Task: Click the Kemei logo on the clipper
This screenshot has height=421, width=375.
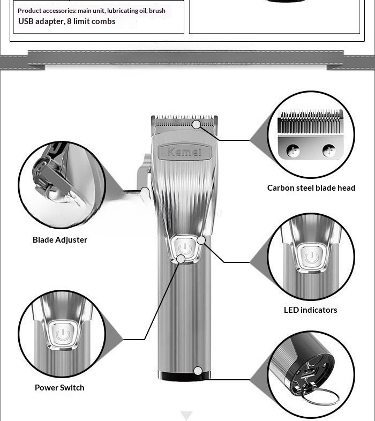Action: coord(184,152)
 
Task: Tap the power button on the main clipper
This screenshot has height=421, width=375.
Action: coord(185,248)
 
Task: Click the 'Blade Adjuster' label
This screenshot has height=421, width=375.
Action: coord(60,240)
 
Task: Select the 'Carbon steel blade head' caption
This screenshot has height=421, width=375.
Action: coord(311,187)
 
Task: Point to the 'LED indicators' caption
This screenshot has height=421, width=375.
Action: coord(311,310)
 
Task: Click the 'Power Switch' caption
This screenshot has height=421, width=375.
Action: coord(59,387)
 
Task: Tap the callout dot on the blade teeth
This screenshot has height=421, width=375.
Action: coord(197,124)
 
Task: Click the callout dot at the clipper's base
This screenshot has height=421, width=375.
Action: coord(198,371)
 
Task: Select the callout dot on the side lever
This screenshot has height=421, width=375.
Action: coord(145,191)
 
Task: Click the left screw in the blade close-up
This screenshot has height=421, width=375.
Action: coord(292,151)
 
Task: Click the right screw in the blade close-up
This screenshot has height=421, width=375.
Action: coord(329,151)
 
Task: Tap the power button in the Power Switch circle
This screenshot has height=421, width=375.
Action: coord(63,335)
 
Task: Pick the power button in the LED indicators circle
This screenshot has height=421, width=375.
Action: coord(312,257)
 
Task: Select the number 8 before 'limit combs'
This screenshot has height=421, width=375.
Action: coord(69,21)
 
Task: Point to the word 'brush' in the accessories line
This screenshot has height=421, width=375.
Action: coord(157,11)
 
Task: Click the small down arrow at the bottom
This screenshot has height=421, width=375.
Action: coord(186,416)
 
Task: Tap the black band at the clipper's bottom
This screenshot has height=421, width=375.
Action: coord(184,376)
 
